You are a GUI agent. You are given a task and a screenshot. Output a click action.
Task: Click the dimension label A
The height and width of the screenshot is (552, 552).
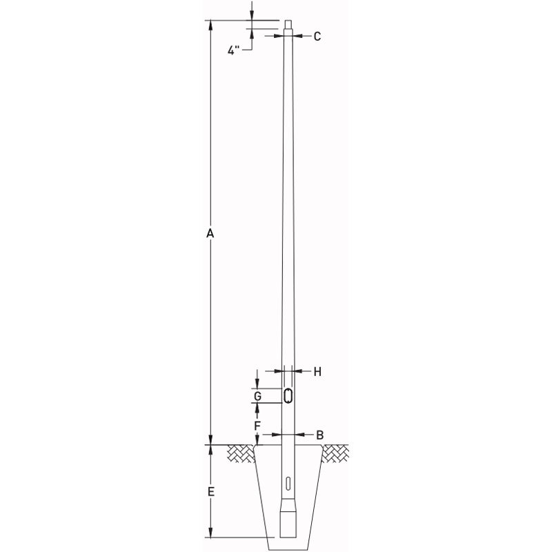tap(211, 235)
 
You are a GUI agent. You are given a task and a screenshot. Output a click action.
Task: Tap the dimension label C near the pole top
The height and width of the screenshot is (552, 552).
tap(317, 37)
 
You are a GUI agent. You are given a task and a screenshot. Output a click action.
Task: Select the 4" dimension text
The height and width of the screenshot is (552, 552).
tap(234, 50)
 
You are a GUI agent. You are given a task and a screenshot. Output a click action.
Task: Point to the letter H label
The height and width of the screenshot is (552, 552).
tap(317, 372)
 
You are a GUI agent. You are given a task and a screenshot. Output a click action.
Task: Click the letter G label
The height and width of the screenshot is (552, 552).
tap(257, 397)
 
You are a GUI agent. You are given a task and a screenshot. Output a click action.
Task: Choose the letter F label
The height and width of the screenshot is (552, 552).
tap(257, 426)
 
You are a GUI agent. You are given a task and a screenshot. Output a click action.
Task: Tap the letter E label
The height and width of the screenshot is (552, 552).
tap(211, 492)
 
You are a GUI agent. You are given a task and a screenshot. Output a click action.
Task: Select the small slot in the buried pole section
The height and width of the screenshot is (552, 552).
tap(288, 482)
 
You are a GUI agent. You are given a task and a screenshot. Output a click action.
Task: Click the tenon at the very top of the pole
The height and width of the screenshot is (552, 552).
tap(288, 26)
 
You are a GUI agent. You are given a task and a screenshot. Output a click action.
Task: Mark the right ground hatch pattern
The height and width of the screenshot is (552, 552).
tap(335, 453)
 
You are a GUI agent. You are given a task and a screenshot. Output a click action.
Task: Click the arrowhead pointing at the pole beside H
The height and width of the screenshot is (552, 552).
tap(299, 372)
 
